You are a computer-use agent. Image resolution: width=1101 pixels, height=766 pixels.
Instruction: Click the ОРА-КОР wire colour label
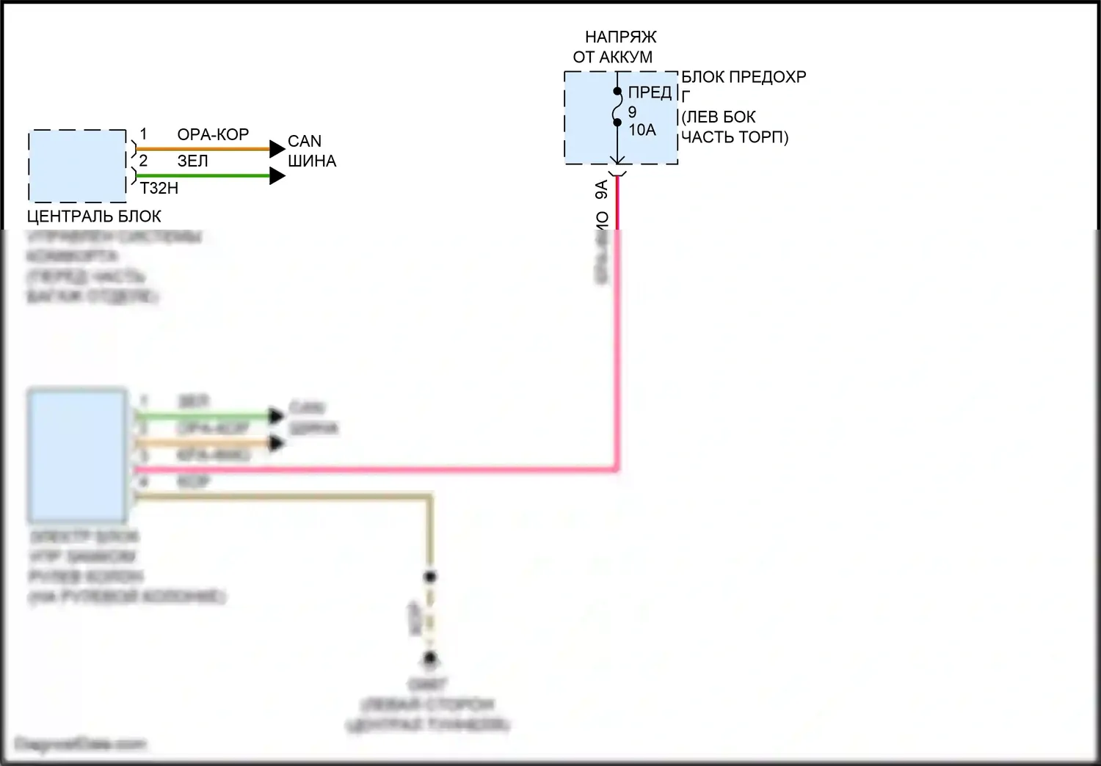pyautogui.click(x=213, y=135)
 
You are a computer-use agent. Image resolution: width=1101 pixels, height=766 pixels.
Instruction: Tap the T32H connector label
pyautogui.click(x=159, y=189)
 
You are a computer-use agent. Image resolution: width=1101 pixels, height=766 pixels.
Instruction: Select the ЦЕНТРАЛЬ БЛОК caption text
pyautogui.click(x=94, y=216)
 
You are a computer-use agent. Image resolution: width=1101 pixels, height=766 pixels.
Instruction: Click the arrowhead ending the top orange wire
pyautogui.click(x=277, y=149)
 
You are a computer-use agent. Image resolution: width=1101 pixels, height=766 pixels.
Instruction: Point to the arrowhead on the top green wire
pyautogui.click(x=277, y=176)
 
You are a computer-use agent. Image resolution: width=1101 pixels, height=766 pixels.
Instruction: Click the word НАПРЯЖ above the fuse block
pyautogui.click(x=620, y=37)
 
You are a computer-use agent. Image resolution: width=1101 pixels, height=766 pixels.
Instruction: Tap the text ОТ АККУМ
pyautogui.click(x=613, y=57)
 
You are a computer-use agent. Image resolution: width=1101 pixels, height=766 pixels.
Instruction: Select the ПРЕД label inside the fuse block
pyautogui.click(x=650, y=92)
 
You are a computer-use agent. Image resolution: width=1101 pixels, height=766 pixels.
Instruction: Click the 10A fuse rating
pyautogui.click(x=642, y=130)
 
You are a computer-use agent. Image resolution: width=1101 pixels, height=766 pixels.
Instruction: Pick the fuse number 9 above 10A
pyautogui.click(x=632, y=112)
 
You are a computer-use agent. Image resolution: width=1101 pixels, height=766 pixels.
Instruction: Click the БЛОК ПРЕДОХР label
pyautogui.click(x=744, y=77)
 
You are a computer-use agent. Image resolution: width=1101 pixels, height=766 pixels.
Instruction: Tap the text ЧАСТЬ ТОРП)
pyautogui.click(x=735, y=137)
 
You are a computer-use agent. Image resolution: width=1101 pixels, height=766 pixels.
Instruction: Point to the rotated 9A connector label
pyautogui.click(x=602, y=190)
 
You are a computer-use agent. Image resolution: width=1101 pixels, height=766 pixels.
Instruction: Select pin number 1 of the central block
pyautogui.click(x=143, y=134)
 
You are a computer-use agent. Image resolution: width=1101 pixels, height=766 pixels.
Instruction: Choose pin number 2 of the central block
pyautogui.click(x=143, y=161)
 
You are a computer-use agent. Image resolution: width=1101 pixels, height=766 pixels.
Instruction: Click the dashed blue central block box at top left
pyautogui.click(x=77, y=167)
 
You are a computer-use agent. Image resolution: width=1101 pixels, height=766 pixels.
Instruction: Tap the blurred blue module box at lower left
pyautogui.click(x=77, y=455)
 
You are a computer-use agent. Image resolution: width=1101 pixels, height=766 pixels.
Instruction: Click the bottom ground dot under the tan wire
pyautogui.click(x=431, y=659)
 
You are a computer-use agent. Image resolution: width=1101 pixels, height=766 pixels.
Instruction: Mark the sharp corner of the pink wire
pyautogui.click(x=617, y=468)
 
